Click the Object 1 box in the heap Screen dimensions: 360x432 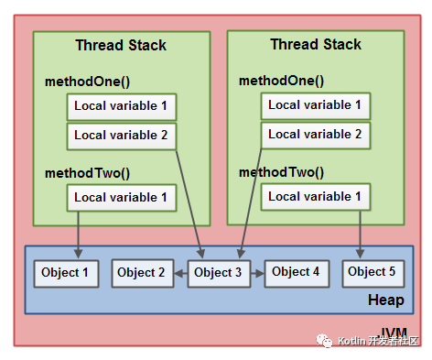click(x=65, y=272)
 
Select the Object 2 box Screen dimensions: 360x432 click(x=142, y=272)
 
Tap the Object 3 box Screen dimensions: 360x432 click(x=219, y=272)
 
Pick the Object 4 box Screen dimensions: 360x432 click(x=296, y=272)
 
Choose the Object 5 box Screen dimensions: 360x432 click(x=373, y=271)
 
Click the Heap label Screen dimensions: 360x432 click(x=385, y=300)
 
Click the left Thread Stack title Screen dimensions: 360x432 click(x=121, y=45)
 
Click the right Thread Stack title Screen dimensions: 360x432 click(x=316, y=44)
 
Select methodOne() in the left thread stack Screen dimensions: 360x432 click(x=88, y=82)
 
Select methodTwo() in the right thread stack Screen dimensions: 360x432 click(x=282, y=171)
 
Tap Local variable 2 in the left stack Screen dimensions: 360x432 click(x=121, y=136)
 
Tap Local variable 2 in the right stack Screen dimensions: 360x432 click(x=315, y=134)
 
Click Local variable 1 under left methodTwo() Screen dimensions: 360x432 click(x=121, y=197)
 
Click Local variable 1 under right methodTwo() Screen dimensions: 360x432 click(x=315, y=196)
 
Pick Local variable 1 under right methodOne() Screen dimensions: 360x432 click(x=315, y=105)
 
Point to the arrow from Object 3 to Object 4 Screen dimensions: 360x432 click(x=257, y=272)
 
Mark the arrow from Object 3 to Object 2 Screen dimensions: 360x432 click(x=180, y=272)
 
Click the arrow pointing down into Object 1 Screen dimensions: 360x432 click(x=79, y=235)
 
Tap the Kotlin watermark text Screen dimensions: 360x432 click(x=376, y=341)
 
